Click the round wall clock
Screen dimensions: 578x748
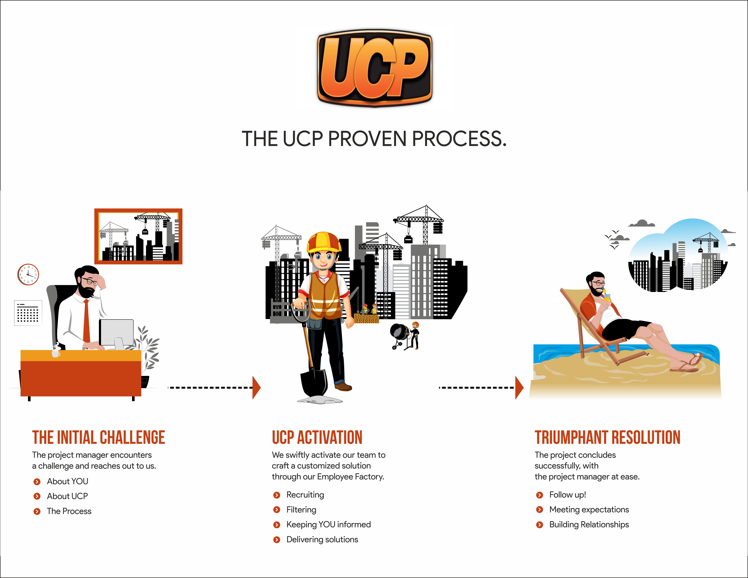[28, 274]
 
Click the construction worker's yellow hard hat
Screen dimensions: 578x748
[324, 241]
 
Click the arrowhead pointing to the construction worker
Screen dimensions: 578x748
[256, 388]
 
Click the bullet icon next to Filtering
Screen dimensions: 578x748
[277, 510]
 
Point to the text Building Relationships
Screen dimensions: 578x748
[589, 525]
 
